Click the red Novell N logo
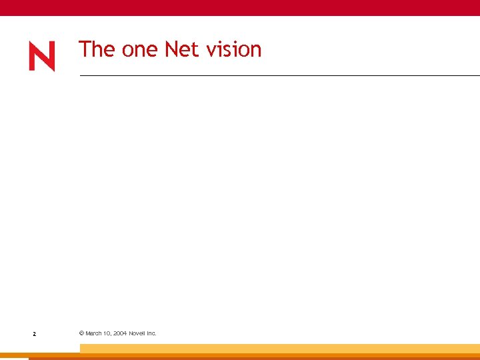coord(42,57)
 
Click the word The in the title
coord(97,49)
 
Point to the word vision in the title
coord(234,49)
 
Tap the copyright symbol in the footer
coord(81,333)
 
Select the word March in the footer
coord(93,333)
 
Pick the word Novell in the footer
coord(137,333)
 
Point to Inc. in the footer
coord(151,333)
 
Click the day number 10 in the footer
coord(107,333)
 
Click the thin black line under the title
coord(280,76)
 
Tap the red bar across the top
coord(240,7)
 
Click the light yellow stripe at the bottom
coord(280,348)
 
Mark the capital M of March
coord(88,333)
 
